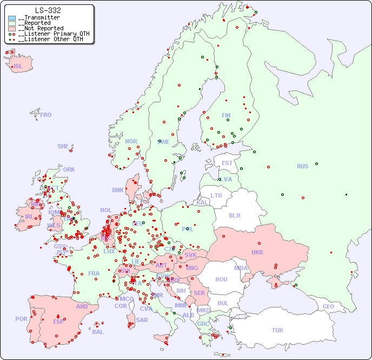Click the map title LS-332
[48, 10]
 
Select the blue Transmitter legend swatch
[12, 18]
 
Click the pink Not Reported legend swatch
[12, 29]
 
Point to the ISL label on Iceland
[18, 67]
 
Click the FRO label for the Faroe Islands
[46, 115]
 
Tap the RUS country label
[302, 166]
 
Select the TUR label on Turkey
[277, 330]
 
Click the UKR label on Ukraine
[257, 252]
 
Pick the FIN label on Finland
[226, 115]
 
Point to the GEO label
[328, 306]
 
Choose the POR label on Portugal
[21, 319]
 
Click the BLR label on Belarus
[234, 215]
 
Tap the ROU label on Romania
[221, 279]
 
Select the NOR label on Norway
[131, 141]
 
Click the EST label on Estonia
[227, 163]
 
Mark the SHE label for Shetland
[63, 146]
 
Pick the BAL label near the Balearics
[97, 332]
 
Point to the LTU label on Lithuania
[216, 195]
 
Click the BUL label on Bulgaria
[223, 303]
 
